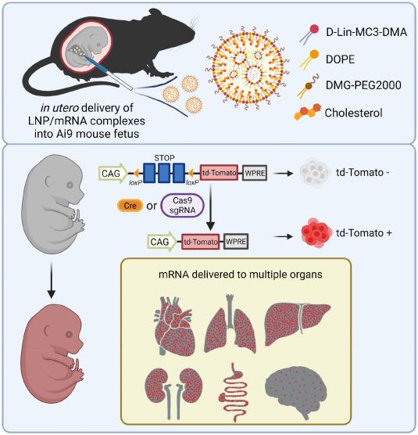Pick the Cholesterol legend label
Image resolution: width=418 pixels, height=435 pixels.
pyautogui.click(x=351, y=110)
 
